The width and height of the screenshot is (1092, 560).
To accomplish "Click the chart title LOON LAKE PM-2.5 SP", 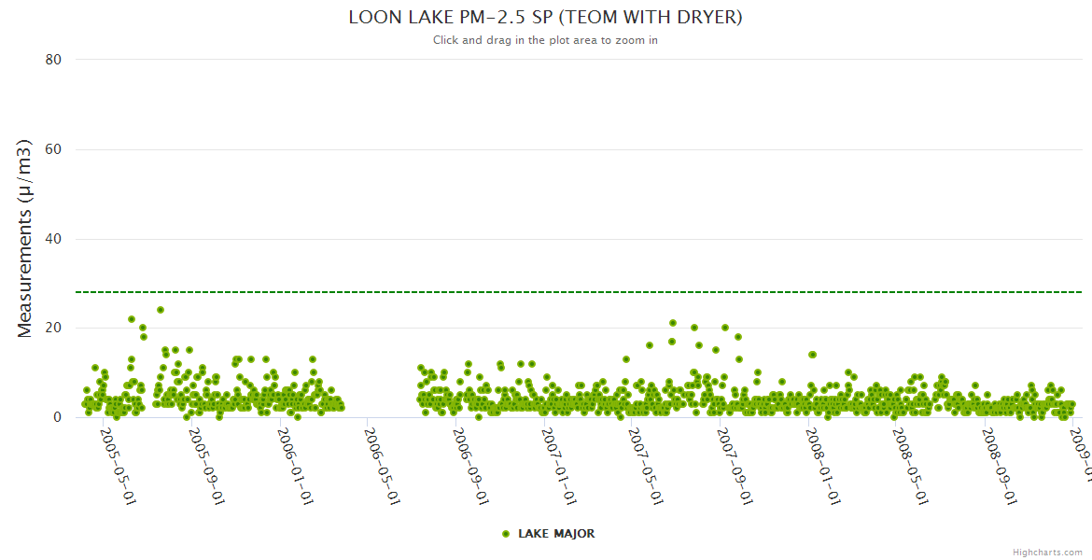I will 545,18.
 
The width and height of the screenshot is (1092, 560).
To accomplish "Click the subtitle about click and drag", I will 545,40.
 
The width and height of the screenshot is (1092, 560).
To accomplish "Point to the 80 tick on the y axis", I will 53,60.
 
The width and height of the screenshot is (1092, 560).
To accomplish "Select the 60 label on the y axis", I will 53,149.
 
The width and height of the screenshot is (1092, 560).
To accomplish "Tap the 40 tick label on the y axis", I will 53,239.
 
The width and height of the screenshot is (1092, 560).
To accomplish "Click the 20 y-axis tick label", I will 53,329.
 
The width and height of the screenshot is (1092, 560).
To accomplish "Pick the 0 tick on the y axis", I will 57,418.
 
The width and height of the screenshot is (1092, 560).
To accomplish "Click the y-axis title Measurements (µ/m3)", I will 25,238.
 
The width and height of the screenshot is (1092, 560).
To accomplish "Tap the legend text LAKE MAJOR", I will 556,534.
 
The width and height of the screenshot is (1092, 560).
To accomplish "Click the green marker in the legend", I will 506,534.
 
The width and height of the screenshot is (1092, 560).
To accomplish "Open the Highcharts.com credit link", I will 1048,552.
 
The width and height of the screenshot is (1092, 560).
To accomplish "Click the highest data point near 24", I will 161,310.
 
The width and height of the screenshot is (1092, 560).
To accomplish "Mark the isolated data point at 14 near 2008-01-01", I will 813,355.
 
